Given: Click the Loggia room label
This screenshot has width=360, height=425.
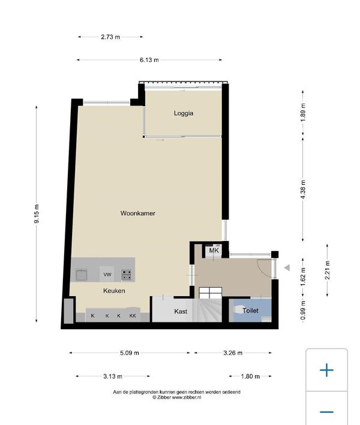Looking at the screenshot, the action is pos(184,113).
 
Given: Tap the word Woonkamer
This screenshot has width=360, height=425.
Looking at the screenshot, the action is pos(138,213).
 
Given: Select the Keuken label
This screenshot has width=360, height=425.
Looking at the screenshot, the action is pos(114,291).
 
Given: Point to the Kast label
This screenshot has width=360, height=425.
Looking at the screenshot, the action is pos(181,312).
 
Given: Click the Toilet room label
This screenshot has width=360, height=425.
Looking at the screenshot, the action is pos(250,311).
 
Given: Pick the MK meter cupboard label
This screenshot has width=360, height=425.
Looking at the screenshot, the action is pos(214,251).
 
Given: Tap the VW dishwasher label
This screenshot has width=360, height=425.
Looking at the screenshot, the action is pos(107,275).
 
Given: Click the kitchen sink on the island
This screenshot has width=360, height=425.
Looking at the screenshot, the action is pos(82,275).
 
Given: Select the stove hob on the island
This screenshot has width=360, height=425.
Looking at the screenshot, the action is pos(127,275).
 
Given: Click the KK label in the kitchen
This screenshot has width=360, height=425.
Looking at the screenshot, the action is pos(133,316).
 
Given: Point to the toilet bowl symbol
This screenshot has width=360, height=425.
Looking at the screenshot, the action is pos(238,310).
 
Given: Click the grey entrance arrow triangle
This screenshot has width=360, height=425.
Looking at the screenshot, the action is pos(287,268).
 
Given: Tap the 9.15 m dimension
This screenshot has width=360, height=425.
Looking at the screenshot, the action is pos(37,214).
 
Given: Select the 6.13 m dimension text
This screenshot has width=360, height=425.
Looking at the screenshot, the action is pos(149,60).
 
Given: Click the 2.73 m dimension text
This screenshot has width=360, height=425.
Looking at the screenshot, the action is pos(110,37).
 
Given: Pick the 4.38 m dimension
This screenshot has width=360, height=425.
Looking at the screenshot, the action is pos(303,189).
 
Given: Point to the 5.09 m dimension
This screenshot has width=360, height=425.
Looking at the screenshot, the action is pos(130,353).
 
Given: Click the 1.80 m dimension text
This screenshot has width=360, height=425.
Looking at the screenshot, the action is pos(250,376).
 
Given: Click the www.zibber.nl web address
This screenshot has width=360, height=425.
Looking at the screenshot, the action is pos(187,397).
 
